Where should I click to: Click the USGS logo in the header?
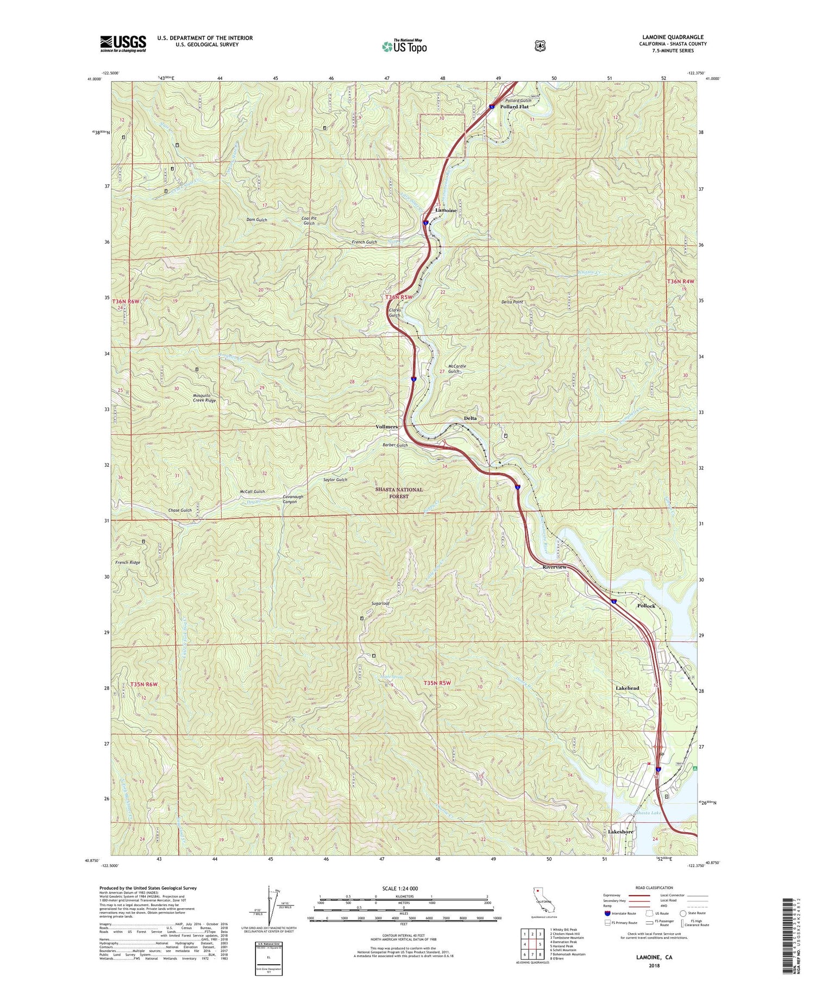pyautogui.click(x=123, y=44)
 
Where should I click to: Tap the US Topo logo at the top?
pyautogui.click(x=404, y=46)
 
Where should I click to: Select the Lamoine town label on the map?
pyautogui.click(x=446, y=210)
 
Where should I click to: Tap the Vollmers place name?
pyautogui.click(x=387, y=427)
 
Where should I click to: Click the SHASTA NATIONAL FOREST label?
pyautogui.click(x=399, y=493)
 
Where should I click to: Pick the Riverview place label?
pyautogui.click(x=554, y=567)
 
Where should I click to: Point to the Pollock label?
pyautogui.click(x=646, y=606)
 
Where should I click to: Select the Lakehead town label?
pyautogui.click(x=627, y=688)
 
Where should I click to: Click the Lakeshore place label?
pyautogui.click(x=620, y=832)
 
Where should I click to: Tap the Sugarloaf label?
pyautogui.click(x=380, y=603)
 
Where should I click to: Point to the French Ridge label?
pyautogui.click(x=128, y=562)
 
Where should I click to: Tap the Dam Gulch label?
pyautogui.click(x=257, y=220)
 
